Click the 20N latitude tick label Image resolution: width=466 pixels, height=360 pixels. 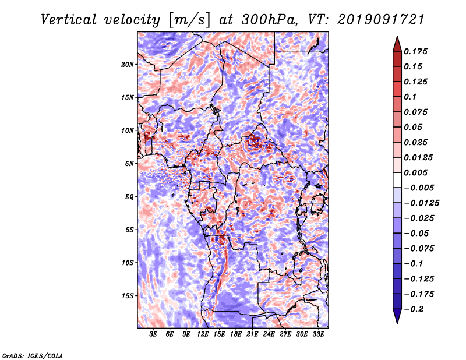[127, 65]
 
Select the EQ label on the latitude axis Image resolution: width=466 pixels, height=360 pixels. [129, 197]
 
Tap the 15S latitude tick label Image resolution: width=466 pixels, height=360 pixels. [127, 296]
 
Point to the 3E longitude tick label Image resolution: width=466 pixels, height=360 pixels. [153, 334]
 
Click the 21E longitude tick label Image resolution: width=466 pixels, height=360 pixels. [252, 334]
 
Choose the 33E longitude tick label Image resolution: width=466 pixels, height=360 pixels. [318, 334]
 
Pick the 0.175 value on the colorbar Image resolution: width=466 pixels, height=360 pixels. [415, 51]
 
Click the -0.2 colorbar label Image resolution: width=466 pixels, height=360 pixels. [414, 309]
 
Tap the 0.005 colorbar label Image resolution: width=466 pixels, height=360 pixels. [415, 172]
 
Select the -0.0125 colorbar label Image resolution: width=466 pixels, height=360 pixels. [421, 203]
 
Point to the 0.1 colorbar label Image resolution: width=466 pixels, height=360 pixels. [410, 97]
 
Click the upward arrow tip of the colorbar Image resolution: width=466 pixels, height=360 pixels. [397, 36]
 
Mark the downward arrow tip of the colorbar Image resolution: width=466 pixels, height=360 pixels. [397, 323]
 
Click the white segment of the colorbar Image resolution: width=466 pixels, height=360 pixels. [397, 180]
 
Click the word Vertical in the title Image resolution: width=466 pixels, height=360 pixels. [69, 20]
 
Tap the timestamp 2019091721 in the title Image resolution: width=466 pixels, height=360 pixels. [381, 20]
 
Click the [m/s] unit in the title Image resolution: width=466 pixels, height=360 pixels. [189, 20]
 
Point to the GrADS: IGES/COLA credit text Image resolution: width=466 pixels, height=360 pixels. [33, 355]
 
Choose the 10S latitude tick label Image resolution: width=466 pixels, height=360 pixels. [127, 263]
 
